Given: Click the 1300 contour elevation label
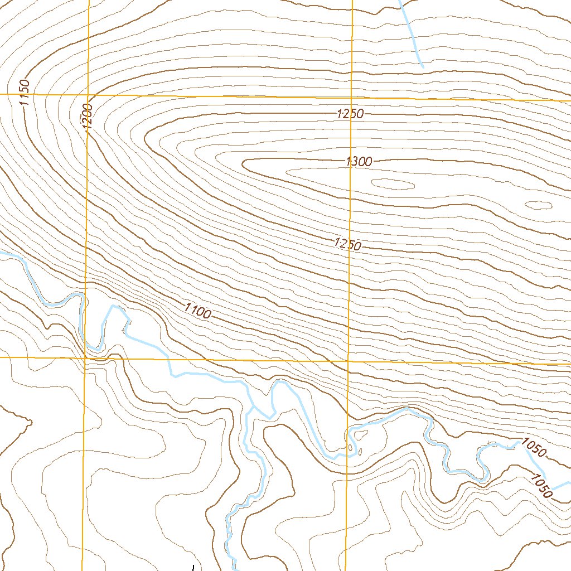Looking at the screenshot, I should coord(359,162).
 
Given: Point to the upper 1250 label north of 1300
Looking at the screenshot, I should coord(350,114).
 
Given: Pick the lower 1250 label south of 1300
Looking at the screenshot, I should coord(349,244).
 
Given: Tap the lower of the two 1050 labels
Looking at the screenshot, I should coord(541,486).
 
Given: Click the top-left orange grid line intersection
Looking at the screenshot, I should coord(88,95).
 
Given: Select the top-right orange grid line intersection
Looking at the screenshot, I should coord(351,97).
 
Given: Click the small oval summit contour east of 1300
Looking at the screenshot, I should coord(393,182).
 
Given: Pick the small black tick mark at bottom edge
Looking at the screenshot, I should coord(192,568).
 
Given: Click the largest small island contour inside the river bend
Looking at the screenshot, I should coord(350,448).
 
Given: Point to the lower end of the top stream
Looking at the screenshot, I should coord(423,67).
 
